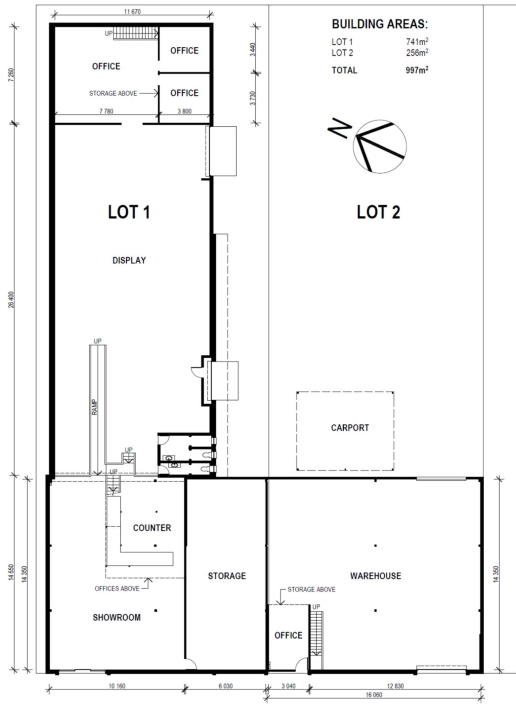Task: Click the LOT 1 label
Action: pos(129,212)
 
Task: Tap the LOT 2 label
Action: pos(379,212)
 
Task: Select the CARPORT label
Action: pos(350,428)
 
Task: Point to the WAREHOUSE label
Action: pos(376,576)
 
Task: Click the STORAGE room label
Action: pos(227,576)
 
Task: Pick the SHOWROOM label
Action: pos(117,617)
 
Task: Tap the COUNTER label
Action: pos(152,528)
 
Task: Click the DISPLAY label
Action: pos(129,260)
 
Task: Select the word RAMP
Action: pos(95,407)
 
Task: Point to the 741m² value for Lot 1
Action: pos(417,41)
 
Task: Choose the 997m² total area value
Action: pos(417,70)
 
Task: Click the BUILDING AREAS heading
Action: pos(380,24)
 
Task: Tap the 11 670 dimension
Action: pos(133,12)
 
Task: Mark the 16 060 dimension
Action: pos(374,695)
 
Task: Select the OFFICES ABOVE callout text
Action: pos(117,589)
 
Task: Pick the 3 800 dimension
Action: pos(184,111)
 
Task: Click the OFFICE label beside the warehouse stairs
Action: pos(288,636)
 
